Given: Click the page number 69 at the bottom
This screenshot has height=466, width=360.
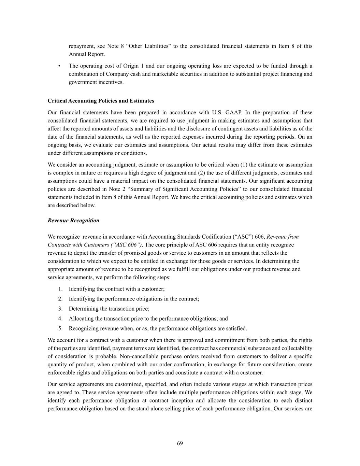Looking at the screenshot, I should pos(180,443).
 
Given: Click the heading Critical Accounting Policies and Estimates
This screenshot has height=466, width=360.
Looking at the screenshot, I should pos(101,101).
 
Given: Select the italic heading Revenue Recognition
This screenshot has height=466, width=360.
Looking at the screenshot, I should pos(73,221).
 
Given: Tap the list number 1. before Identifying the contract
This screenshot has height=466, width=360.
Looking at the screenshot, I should pos(60,289).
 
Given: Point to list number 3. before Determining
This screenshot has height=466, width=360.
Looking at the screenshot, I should pos(60,309).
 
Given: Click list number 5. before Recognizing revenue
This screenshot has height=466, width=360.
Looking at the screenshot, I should pos(60,329).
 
